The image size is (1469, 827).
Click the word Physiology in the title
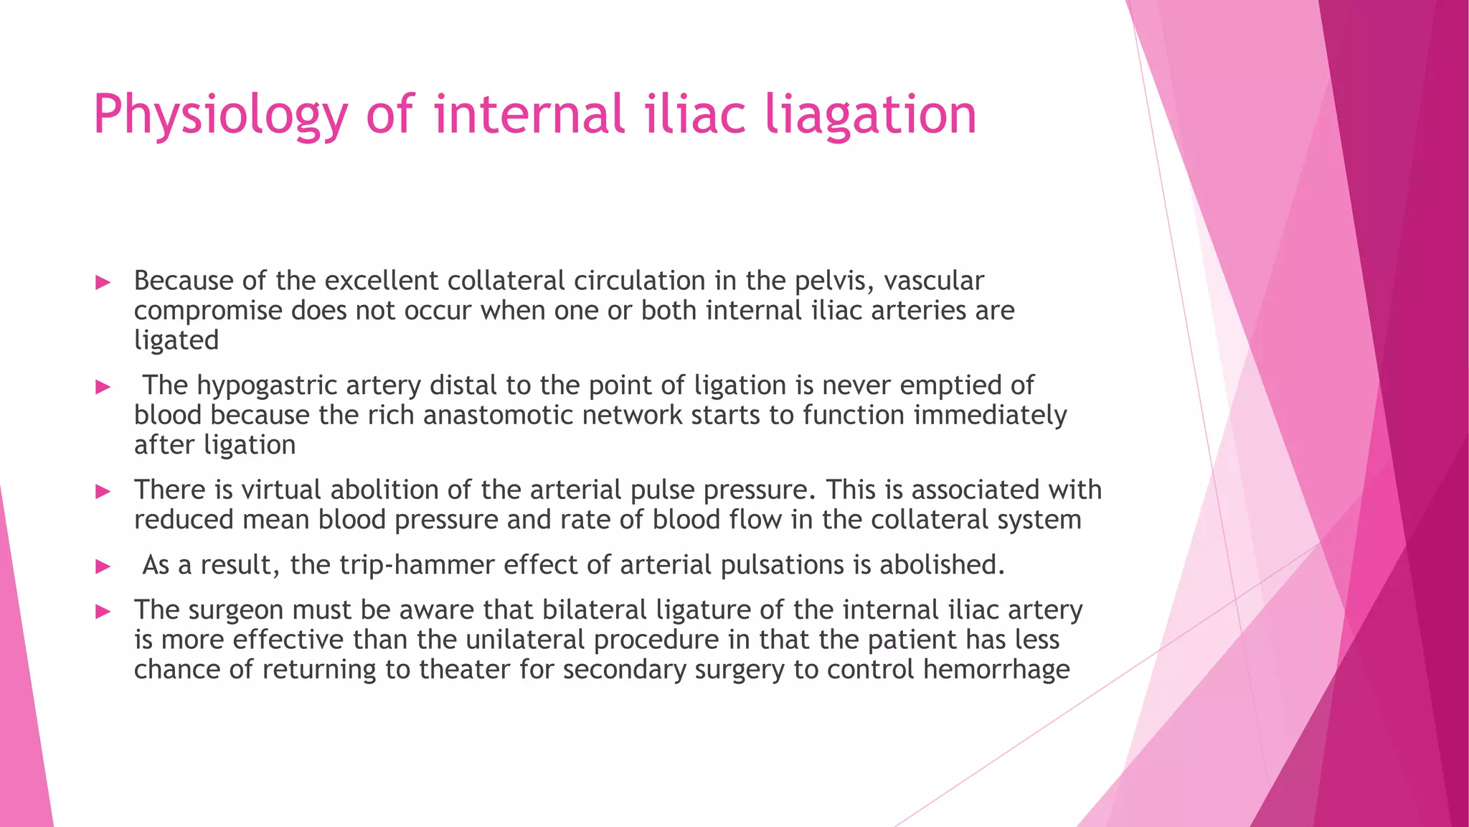(220, 115)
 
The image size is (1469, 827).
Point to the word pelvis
(834, 281)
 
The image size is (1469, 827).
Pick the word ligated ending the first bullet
(176, 340)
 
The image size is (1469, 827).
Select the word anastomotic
(499, 416)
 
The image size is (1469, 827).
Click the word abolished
(942, 565)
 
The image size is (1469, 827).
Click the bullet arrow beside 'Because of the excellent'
(103, 282)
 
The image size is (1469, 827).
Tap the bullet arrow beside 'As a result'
(103, 566)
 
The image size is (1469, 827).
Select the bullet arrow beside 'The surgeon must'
(103, 612)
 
